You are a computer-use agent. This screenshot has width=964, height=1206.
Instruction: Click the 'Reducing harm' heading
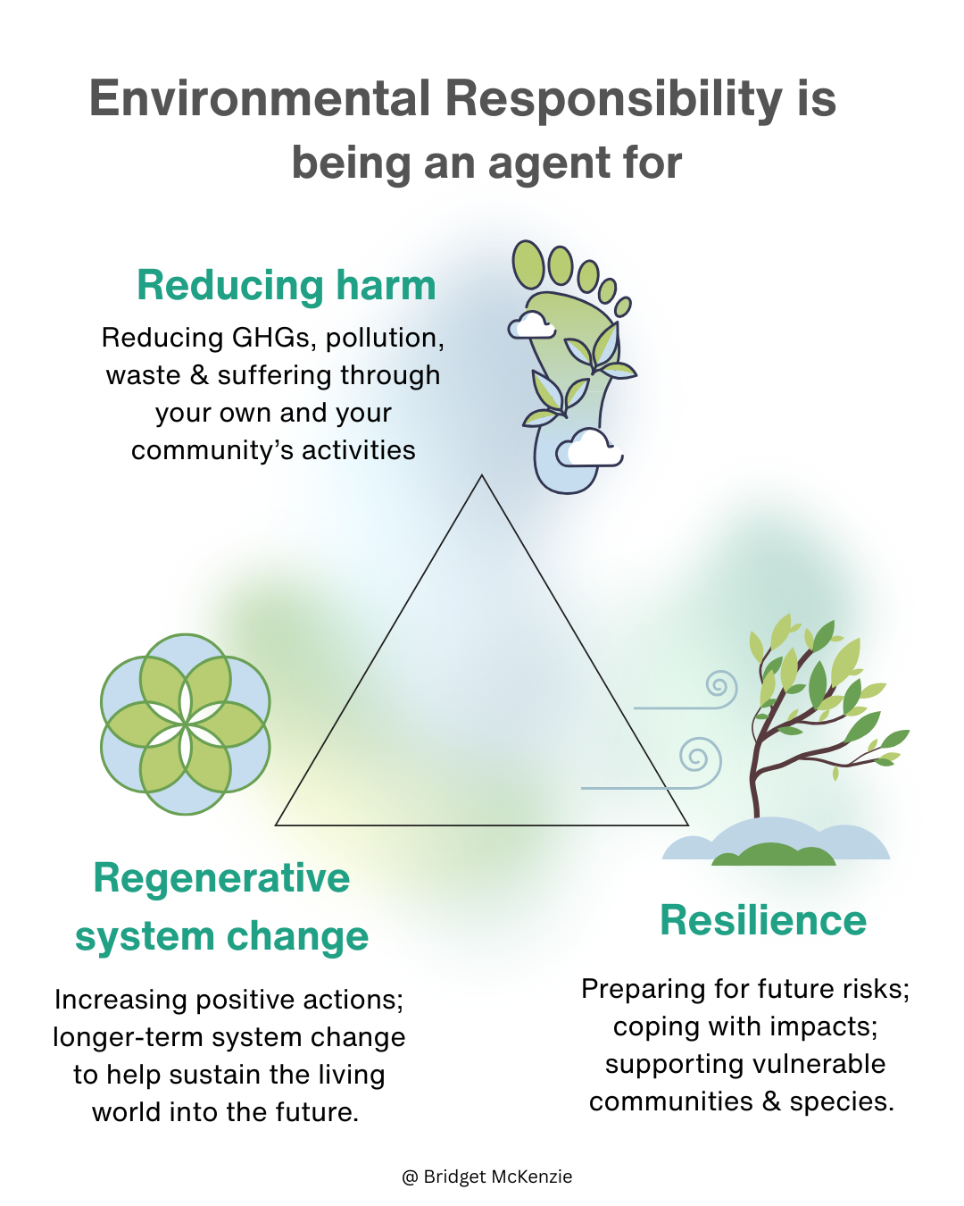pos(287,286)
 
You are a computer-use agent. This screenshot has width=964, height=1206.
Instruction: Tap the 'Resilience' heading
pos(763,920)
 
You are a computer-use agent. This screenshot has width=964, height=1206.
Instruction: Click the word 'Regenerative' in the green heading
pos(221,878)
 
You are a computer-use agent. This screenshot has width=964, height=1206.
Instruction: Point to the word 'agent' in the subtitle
pos(544,163)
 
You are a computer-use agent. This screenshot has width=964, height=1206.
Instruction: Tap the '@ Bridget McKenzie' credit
pos(487,1177)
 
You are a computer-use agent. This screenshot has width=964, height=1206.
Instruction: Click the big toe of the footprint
pos(528,264)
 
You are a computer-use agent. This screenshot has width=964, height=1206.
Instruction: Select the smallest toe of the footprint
pos(623,306)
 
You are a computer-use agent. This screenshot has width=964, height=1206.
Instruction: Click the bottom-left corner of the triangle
pos(278,824)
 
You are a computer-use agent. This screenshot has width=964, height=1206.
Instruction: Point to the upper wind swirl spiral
pos(719,687)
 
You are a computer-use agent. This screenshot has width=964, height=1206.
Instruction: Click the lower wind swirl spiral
pos(699,758)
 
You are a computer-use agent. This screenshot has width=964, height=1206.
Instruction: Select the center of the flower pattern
pos(186,724)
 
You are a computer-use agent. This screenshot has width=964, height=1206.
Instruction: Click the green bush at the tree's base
pos(773,855)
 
